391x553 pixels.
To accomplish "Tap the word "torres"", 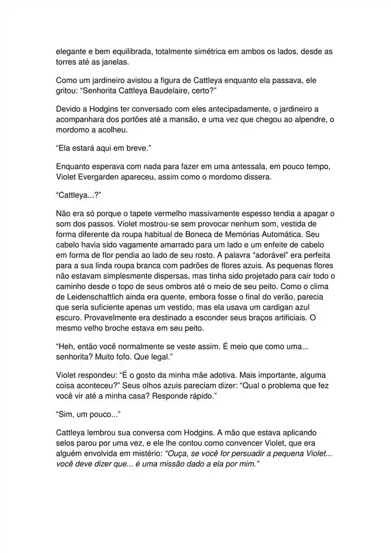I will point(67,62).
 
